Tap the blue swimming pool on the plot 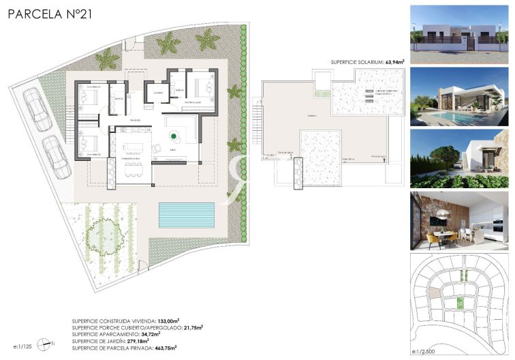tap(186, 215)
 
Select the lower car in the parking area tap(55, 157)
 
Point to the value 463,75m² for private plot tap(166, 348)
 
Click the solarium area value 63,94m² tap(394, 62)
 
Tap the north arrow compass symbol tap(46, 344)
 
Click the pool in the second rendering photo tap(443, 117)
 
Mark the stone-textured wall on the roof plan tap(296, 175)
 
